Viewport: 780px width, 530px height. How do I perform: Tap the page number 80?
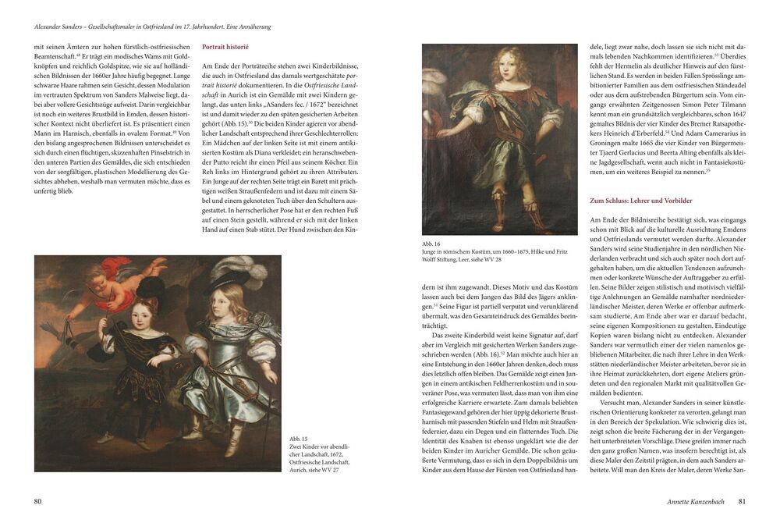point(37,501)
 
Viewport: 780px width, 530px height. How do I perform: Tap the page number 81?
point(742,501)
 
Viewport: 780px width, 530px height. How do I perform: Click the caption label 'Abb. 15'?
point(299,439)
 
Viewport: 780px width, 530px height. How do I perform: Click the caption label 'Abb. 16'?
point(431,244)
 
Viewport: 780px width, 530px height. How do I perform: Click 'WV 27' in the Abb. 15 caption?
point(331,470)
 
